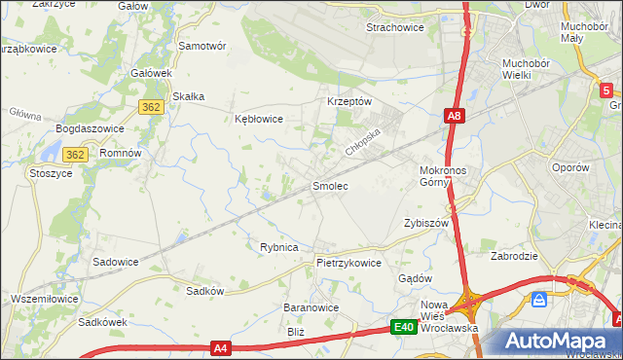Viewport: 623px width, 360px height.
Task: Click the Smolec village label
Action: pos(329,185)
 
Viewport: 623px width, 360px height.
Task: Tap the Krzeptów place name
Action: pos(349,102)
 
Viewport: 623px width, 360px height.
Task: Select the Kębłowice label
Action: pos(259,120)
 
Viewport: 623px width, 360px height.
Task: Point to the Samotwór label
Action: pos(202,46)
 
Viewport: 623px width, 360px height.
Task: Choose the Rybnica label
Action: pos(278,247)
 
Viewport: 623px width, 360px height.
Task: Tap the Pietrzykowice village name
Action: pos(348,263)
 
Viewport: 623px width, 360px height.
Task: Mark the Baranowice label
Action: pos(311,307)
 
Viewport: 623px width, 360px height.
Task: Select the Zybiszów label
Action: pos(425,223)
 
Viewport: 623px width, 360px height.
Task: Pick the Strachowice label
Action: pos(394,28)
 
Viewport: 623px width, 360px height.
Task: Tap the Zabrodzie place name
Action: pos(516,258)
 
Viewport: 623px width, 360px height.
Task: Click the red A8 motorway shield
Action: pos(455,117)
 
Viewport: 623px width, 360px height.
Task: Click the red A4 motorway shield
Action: pos(220,347)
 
